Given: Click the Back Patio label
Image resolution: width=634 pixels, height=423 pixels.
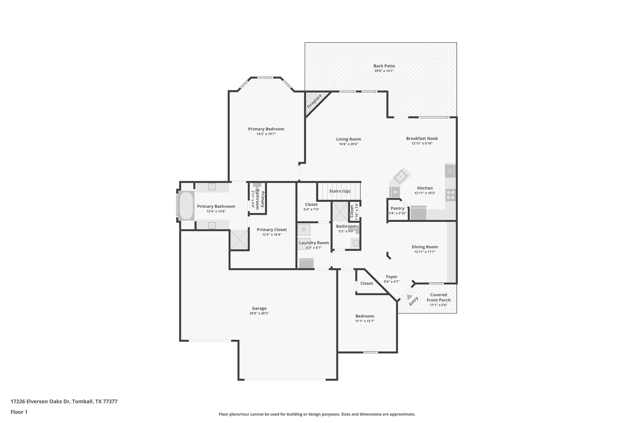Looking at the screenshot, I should (384, 66).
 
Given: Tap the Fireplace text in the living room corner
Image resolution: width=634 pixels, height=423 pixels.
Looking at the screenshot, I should (314, 101).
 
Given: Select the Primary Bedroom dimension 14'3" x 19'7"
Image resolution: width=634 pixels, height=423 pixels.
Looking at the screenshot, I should (266, 134).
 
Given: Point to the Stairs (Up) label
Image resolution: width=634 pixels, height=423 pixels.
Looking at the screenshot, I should (340, 191).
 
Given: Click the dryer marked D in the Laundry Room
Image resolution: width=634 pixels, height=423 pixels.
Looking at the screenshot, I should (304, 230).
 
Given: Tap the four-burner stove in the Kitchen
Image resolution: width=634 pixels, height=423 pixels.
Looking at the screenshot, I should (450, 195).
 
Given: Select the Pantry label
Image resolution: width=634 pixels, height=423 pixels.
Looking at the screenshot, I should (397, 209).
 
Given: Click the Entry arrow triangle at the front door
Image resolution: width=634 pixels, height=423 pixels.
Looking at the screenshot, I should (409, 297).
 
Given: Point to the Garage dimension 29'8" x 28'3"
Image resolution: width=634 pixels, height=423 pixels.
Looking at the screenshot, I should (259, 313).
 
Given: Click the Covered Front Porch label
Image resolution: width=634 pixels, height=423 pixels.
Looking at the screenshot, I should (438, 297).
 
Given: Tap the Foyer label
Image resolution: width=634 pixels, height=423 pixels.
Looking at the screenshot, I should (391, 277).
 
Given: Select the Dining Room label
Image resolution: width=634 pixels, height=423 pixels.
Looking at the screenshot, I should (424, 247).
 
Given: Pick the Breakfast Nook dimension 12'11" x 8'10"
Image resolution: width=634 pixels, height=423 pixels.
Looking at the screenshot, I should (422, 143).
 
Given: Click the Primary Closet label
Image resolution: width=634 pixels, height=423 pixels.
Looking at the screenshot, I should (271, 230).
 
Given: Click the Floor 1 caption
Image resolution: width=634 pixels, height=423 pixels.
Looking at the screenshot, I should (19, 412).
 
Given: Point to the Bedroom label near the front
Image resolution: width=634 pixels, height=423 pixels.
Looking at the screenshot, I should (365, 316).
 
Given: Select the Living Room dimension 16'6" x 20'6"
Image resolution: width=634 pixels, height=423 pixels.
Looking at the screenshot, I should (349, 144).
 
